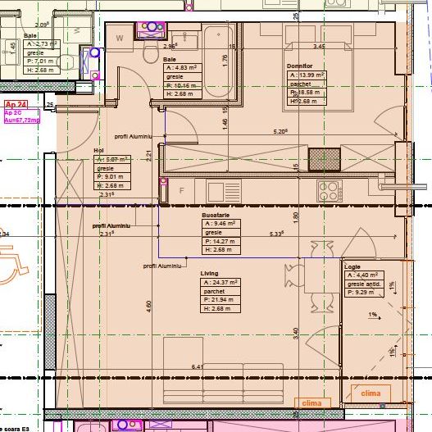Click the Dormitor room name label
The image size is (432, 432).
click(299, 66)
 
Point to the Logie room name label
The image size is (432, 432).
click(352, 268)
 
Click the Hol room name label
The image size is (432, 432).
click(99, 151)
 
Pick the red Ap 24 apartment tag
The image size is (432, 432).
click(16, 105)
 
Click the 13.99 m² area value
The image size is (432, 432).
click(308, 75)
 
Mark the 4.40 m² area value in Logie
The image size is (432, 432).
click(363, 276)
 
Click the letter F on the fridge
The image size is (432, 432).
click(180, 190)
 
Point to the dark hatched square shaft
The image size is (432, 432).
click(319, 157)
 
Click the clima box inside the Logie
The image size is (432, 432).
click(371, 394)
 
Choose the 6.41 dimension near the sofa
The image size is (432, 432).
click(197, 366)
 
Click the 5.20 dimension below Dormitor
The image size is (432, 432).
click(280, 131)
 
